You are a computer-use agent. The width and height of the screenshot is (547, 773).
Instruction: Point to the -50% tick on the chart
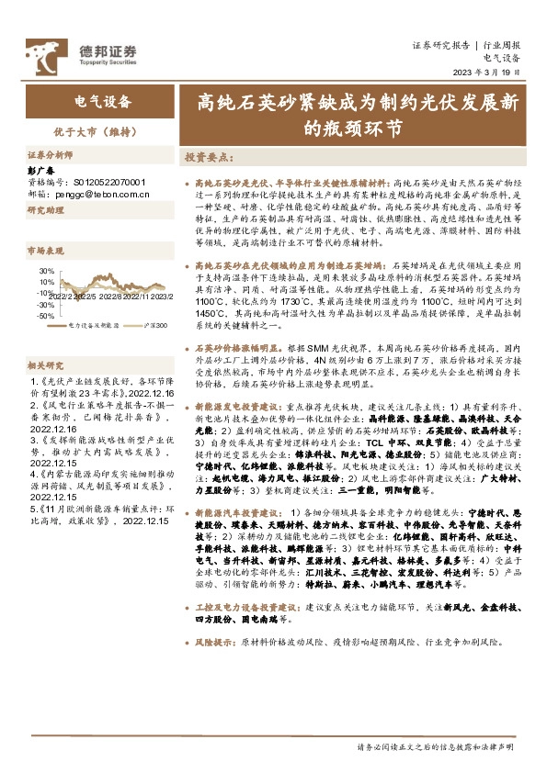pos(45,315)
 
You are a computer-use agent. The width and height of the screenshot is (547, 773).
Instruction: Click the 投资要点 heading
pos(205,157)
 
